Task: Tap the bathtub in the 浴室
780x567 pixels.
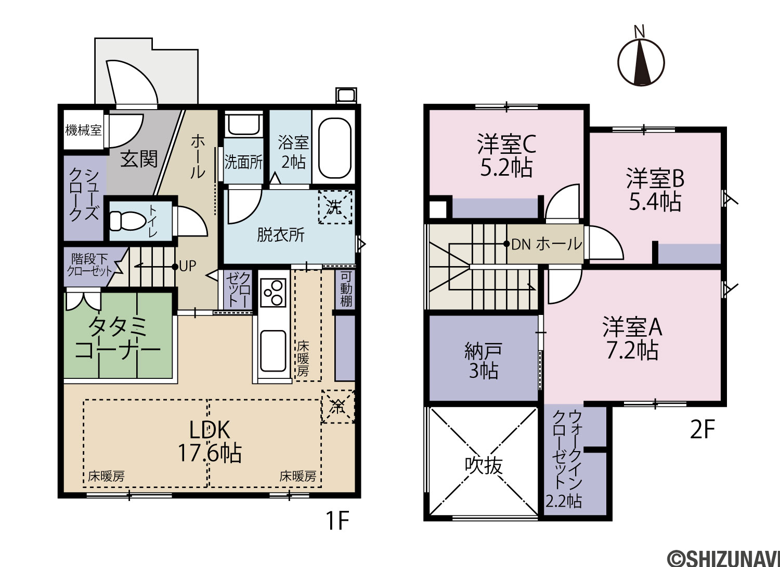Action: (334, 149)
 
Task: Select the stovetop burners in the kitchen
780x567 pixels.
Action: (273, 293)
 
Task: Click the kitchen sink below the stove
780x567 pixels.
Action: (274, 351)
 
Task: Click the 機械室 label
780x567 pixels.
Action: (84, 130)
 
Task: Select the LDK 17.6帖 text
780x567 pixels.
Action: (210, 442)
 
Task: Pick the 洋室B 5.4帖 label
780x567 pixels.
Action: (655, 190)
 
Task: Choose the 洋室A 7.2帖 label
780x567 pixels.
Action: (632, 338)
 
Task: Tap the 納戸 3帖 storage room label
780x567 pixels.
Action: (483, 361)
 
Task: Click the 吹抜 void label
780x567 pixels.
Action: (484, 465)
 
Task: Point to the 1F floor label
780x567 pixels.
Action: (337, 521)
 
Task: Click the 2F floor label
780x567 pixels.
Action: (702, 430)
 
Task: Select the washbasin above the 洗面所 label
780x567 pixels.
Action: (243, 125)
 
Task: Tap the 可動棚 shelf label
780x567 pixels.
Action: (346, 289)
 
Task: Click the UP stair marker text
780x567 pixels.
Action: (188, 266)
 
